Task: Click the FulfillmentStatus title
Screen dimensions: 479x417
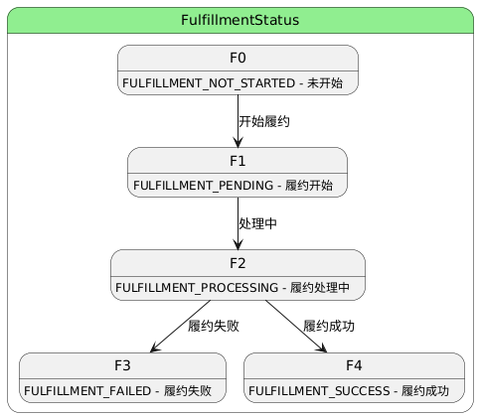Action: pos(239,20)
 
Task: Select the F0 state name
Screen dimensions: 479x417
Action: pos(238,58)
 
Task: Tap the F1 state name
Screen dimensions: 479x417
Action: pos(238,161)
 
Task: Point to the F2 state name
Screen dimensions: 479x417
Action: pos(238,263)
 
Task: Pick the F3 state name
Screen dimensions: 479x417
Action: pos(122,365)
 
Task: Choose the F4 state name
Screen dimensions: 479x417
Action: pos(354,365)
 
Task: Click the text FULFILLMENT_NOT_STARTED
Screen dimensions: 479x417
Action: pos(209,83)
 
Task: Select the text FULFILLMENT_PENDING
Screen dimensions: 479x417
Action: pos(203,186)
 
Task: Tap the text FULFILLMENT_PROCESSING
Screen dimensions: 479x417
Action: pos(197,288)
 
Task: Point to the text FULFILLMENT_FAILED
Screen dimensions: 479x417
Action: pos(87,391)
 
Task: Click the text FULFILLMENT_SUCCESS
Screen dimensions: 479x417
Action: pos(319,391)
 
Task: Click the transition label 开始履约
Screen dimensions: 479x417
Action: pos(264,121)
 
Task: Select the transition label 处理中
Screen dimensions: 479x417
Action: pos(258,223)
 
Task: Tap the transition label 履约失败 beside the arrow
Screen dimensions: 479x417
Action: pos(214,326)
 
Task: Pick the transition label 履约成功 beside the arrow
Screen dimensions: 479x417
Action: pos(329,326)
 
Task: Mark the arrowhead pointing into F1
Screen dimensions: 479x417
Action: pos(238,143)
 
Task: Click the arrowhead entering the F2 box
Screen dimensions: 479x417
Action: pos(238,245)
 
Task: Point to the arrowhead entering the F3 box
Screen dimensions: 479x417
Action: pos(155,347)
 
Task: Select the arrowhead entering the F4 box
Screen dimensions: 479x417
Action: pos(322,347)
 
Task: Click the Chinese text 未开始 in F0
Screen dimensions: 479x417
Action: pos(325,83)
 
